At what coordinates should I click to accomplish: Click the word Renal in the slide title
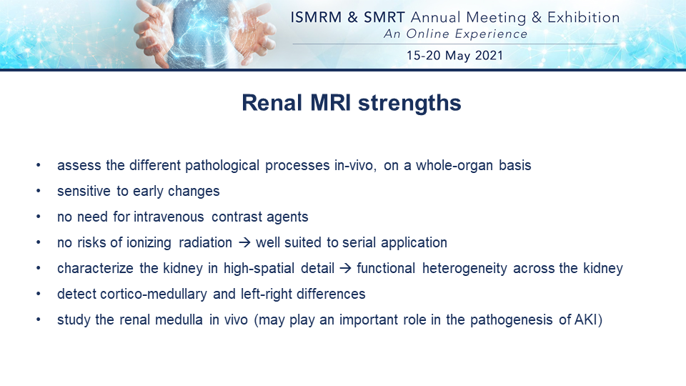(272, 103)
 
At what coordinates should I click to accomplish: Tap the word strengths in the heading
(409, 103)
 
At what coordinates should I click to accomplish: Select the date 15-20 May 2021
(455, 56)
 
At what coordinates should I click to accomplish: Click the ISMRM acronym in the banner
(316, 17)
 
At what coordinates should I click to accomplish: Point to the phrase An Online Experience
(455, 34)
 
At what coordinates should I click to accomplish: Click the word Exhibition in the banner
(584, 17)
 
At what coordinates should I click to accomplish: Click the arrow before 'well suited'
(244, 242)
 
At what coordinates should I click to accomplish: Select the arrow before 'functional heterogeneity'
(346, 268)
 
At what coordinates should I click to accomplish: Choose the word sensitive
(84, 192)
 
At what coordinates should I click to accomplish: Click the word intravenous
(169, 217)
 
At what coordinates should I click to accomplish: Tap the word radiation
(205, 242)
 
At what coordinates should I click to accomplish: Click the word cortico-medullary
(154, 294)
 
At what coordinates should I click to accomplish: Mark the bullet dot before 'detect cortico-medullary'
(39, 294)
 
